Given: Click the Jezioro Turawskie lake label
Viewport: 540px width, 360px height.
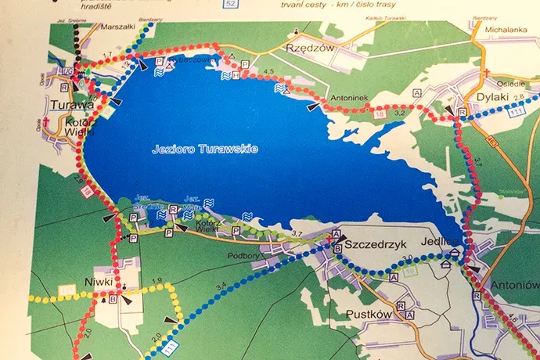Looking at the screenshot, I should click(x=205, y=148).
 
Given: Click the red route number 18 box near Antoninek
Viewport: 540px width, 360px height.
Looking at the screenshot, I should click(x=380, y=115).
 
